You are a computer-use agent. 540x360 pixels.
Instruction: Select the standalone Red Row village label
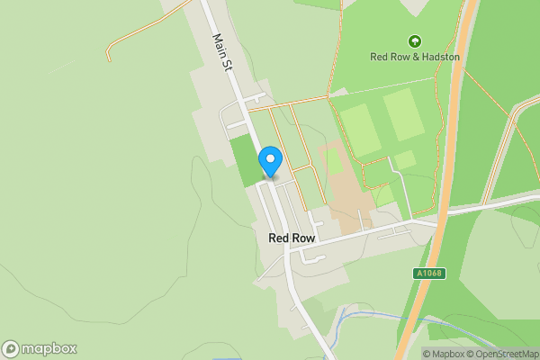291,238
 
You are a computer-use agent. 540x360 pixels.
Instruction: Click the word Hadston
440,57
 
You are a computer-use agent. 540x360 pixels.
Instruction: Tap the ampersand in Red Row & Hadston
413,57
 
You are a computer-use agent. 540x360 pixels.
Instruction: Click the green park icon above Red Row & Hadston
414,40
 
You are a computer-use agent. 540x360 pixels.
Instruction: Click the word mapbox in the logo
49,349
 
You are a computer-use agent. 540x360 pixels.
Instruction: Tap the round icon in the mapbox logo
11,349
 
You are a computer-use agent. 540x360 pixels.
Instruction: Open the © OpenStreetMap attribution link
503,354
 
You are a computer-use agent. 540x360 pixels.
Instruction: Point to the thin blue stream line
378,316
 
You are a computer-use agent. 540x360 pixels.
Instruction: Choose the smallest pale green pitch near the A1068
405,159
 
